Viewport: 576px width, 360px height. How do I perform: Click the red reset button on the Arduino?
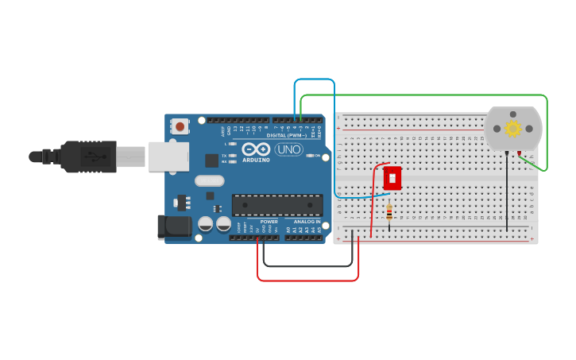coord(180,126)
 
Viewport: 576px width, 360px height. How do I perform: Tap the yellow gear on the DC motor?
coord(513,128)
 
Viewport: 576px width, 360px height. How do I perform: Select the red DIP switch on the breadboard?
coord(392,178)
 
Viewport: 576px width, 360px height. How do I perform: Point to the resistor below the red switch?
coord(389,213)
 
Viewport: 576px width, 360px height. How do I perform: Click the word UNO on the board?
coord(289,149)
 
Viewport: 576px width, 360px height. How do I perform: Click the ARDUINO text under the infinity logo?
coord(257,160)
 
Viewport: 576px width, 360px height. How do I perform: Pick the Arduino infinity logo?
coord(257,149)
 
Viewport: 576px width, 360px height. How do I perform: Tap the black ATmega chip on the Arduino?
coord(277,205)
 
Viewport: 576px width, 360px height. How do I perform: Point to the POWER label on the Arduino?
coord(269,222)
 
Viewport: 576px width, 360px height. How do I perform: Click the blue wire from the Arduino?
coord(315,79)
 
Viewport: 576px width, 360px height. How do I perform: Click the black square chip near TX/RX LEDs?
coord(211,160)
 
